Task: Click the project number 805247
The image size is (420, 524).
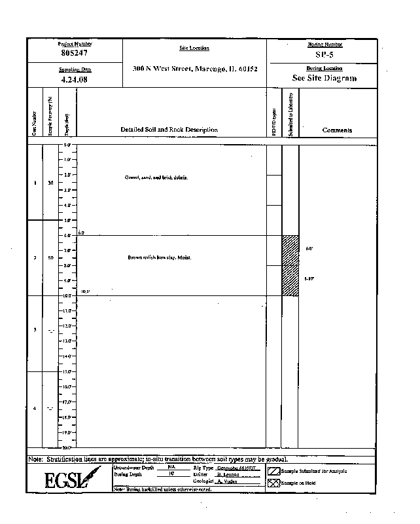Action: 75,52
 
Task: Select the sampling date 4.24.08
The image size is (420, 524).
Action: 74,79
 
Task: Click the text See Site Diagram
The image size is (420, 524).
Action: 324,78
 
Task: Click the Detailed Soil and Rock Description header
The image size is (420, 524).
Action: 169,130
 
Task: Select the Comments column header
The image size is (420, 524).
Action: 337,130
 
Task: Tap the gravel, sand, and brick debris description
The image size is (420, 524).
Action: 156,178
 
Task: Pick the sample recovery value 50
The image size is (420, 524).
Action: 50,258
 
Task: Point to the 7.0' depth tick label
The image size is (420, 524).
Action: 67,251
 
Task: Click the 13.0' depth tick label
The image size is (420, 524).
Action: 67,341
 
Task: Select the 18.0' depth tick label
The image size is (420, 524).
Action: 67,417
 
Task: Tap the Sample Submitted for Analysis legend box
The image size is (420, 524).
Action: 274,471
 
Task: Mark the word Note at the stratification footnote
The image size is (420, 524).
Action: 35,459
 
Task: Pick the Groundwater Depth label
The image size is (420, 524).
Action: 133,468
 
